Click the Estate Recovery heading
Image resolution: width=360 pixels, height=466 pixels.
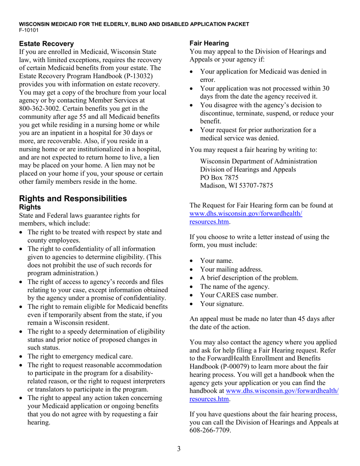tap(46, 44)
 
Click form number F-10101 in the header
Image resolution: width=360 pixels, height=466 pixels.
tap(29, 30)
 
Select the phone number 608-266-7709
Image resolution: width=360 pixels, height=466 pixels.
tap(210, 430)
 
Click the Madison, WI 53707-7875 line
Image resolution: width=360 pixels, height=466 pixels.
tap(236, 186)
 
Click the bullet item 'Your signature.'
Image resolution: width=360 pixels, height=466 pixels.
tap(222, 303)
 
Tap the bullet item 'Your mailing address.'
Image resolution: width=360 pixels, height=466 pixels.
tap(231, 269)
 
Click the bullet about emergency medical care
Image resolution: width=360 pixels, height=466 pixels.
tap(80, 356)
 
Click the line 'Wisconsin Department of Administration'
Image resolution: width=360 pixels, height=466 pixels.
tap(258, 161)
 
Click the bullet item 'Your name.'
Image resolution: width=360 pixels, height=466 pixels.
tap(216, 261)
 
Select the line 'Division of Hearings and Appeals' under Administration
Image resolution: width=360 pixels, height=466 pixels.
tap(248, 169)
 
